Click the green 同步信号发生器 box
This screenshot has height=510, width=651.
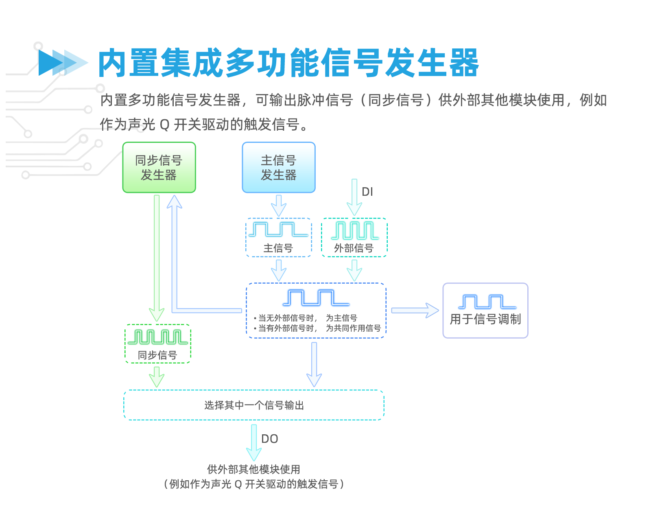pyautogui.click(x=159, y=167)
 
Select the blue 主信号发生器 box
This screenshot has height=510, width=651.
pyautogui.click(x=278, y=167)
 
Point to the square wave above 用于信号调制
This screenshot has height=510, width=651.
pyautogui.click(x=487, y=302)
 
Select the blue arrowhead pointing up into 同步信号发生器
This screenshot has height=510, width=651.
pyautogui.click(x=175, y=202)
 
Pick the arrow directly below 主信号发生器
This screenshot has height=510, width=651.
pyautogui.click(x=279, y=205)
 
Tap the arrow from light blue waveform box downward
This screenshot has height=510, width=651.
pyautogui.click(x=279, y=269)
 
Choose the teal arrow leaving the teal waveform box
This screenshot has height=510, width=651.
pyautogui.click(x=354, y=270)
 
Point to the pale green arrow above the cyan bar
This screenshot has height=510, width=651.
pyautogui.click(x=156, y=376)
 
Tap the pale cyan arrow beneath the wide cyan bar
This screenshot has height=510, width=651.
pyautogui.click(x=253, y=442)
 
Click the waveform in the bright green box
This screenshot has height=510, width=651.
pyautogui.click(x=157, y=337)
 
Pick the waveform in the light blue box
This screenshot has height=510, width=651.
pyautogui.click(x=278, y=230)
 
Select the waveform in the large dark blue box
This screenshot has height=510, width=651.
pyautogui.click(x=316, y=298)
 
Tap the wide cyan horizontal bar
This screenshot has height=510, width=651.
pyautogui.click(x=254, y=405)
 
